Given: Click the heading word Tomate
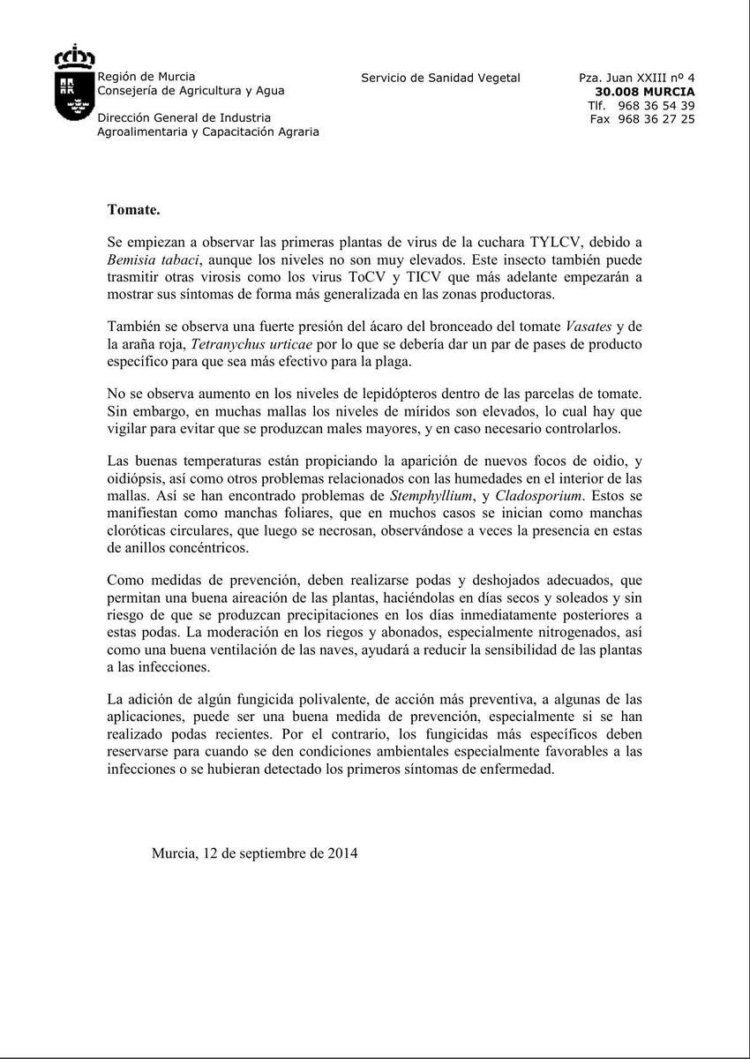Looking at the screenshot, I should [133, 209].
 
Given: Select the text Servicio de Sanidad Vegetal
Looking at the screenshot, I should [440, 78].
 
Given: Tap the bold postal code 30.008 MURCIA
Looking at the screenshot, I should [644, 91].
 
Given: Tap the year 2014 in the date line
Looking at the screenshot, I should [342, 853].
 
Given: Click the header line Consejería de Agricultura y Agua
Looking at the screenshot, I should [191, 90].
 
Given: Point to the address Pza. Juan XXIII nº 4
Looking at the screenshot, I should [636, 78].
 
